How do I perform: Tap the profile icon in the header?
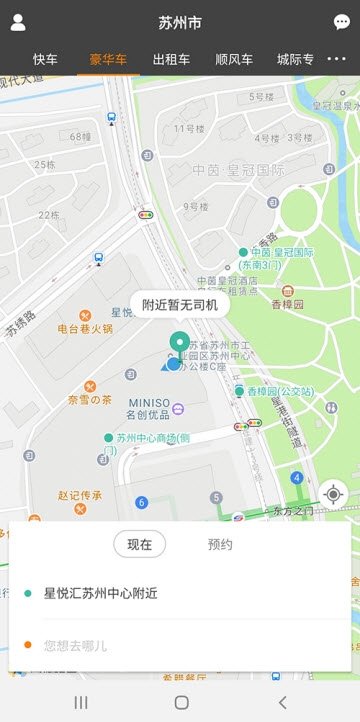18,22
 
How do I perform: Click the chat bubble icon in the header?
342,22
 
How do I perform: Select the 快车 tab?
45,60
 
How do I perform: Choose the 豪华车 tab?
108,60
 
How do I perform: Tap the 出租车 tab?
170,60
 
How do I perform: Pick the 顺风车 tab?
234,60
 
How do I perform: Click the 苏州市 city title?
180,22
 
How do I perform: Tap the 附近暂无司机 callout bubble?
180,305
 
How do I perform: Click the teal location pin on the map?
180,345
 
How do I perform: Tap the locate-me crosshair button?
333,494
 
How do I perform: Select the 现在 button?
140,544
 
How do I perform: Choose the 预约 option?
220,544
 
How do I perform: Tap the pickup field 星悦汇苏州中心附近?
100,593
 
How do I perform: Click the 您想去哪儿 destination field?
75,645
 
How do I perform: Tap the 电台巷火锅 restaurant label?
85,327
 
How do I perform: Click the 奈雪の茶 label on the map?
90,399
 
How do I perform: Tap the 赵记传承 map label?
80,494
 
